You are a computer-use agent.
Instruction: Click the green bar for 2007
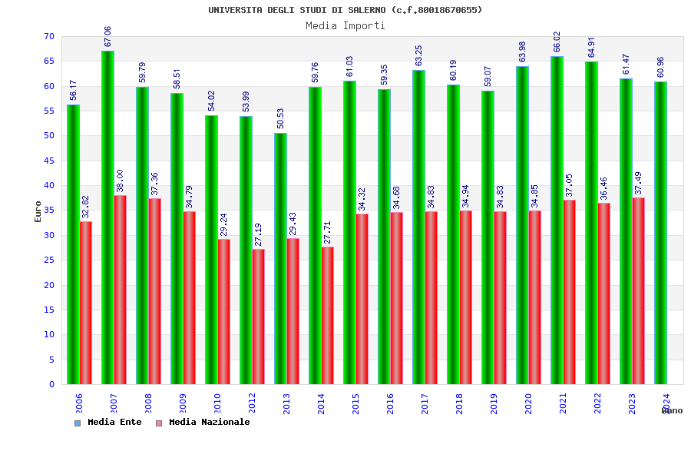107,217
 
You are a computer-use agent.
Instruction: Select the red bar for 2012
259,317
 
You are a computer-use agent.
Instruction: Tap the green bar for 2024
660,233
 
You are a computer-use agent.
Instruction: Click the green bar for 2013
280,258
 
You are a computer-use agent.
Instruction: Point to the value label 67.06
107,36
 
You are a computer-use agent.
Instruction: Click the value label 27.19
259,234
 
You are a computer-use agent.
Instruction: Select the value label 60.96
660,67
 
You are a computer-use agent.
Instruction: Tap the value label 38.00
121,181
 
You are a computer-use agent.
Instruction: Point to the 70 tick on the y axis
49,37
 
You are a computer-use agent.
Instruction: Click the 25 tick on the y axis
49,260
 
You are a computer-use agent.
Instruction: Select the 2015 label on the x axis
355,404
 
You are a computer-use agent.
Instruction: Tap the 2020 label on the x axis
528,404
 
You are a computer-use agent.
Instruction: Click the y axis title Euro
38,211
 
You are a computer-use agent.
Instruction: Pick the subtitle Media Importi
345,25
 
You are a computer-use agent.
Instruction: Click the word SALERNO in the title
366,10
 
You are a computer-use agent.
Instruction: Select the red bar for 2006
85,303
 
